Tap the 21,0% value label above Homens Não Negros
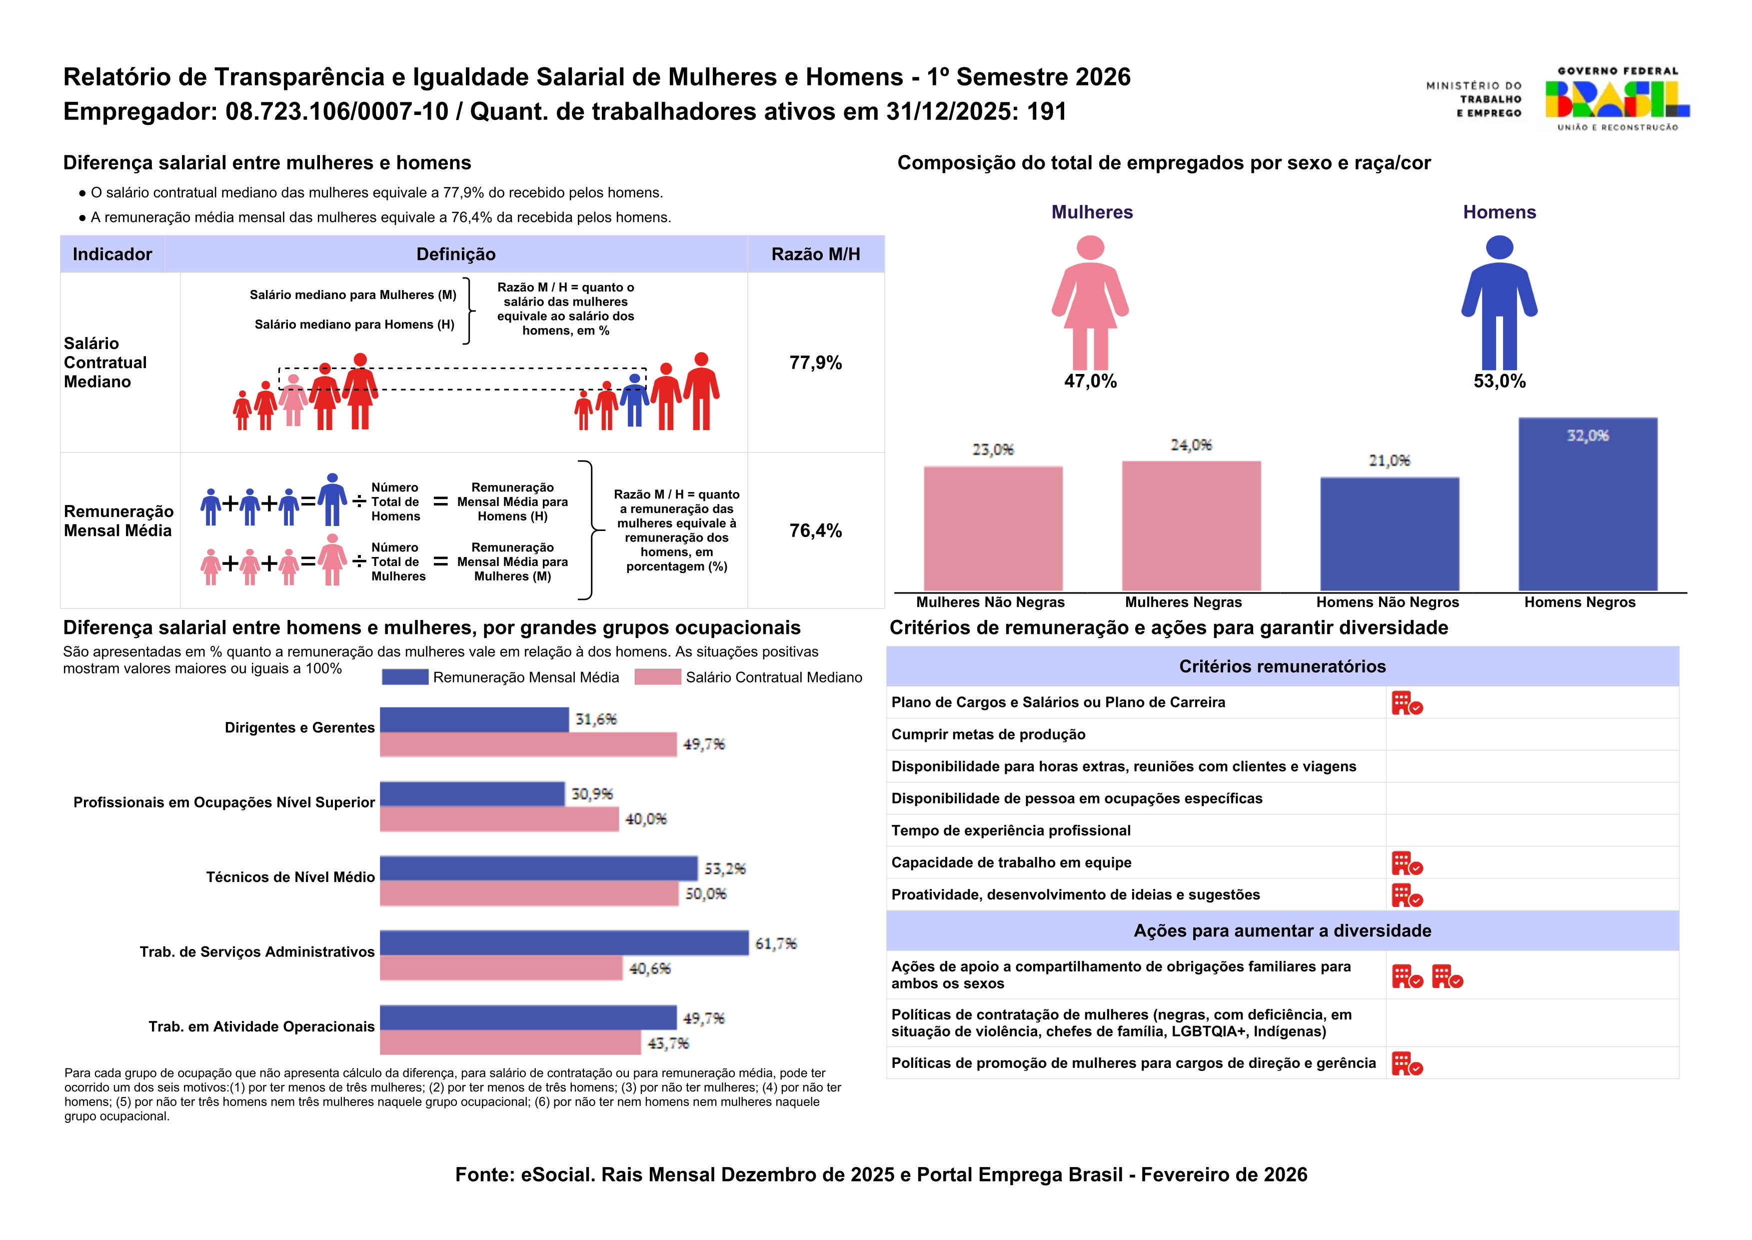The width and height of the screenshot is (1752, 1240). [x=1389, y=460]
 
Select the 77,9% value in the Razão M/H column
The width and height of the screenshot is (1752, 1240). [x=815, y=362]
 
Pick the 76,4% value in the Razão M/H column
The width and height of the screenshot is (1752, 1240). [x=815, y=530]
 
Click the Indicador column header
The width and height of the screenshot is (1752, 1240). [x=112, y=254]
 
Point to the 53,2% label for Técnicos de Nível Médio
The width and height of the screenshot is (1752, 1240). [x=724, y=869]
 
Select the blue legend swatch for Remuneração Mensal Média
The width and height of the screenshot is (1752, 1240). [x=404, y=677]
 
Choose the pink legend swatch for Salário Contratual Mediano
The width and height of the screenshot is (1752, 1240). [x=657, y=677]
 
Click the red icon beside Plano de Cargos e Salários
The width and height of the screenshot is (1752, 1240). [x=1406, y=703]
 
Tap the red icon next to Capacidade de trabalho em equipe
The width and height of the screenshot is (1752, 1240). [x=1406, y=863]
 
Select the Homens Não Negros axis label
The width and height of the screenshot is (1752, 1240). [x=1387, y=602]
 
